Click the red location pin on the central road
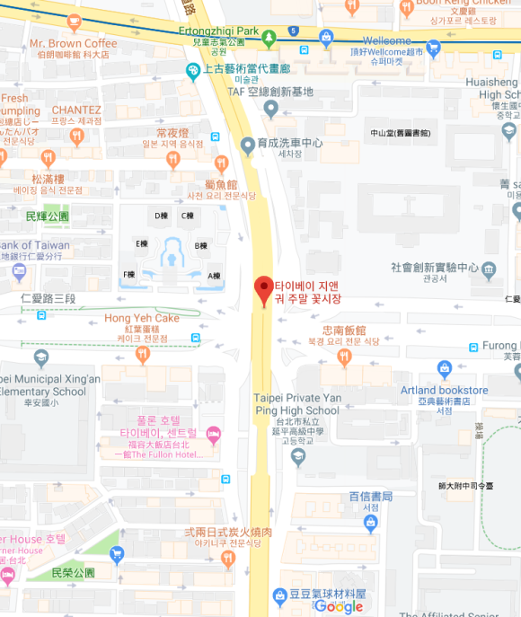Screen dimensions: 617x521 263,288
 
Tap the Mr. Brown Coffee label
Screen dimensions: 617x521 73,43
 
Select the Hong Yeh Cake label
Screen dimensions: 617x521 142,318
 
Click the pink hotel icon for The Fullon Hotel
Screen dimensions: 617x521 214,436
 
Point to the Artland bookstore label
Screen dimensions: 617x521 445,390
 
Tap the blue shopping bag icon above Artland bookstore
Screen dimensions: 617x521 444,367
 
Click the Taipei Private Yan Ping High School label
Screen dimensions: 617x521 297,404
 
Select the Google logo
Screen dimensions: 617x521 338,606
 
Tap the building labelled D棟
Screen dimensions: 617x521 162,216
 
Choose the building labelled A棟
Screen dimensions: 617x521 215,276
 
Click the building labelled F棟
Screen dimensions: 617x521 129,274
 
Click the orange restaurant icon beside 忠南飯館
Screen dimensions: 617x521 344,357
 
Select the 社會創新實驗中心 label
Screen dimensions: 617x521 434,268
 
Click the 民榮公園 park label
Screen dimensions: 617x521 73,572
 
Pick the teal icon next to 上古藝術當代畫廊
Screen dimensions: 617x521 191,70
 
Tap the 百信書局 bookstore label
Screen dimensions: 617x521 371,497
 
